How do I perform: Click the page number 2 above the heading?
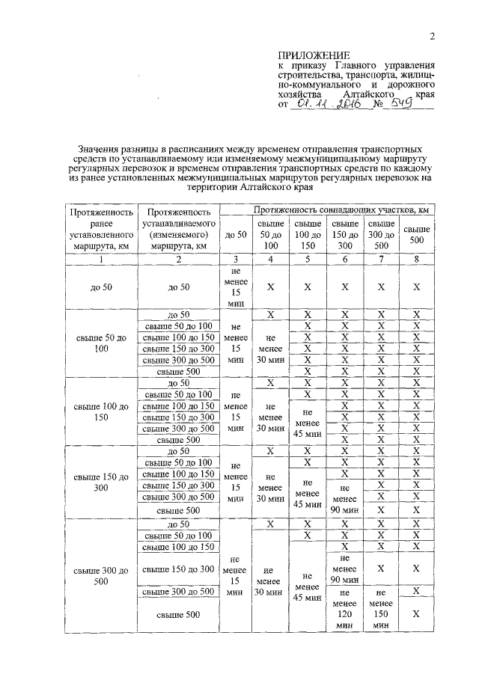[x=432, y=38]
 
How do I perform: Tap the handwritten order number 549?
[x=401, y=105]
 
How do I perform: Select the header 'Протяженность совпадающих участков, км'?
[x=330, y=210]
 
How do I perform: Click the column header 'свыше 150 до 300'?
[x=344, y=234]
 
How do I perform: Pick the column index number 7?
[x=381, y=259]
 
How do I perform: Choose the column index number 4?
[x=269, y=259]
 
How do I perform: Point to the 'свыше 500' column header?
[x=417, y=234]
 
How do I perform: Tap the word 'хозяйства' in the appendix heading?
[x=300, y=96]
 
